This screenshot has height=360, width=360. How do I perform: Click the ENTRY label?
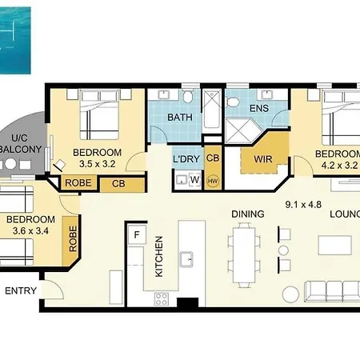coord(21,290)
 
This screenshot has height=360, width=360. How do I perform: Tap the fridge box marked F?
coord(137,234)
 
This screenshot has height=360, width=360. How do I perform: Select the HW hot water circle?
coord(213,181)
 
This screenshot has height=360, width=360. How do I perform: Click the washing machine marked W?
coord(194,180)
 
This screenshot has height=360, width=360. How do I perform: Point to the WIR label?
coord(263,159)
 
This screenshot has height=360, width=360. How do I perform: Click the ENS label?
coord(259,108)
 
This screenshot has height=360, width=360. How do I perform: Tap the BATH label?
coord(180,117)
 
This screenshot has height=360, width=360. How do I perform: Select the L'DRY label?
coord(186,159)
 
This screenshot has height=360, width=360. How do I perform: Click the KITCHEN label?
coord(158,257)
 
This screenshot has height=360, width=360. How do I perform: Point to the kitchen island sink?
coord(186,259)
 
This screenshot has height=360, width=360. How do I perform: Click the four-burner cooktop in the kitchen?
coord(162,299)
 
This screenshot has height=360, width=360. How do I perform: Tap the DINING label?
coord(248,214)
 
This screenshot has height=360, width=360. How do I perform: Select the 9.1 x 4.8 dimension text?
coord(303,205)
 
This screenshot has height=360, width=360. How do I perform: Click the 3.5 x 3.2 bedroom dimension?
coord(98,164)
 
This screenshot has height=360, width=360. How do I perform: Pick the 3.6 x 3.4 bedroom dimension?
coord(30,230)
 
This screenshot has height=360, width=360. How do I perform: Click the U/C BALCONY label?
coord(21,143)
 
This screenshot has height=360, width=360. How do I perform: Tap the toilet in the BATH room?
coord(188,96)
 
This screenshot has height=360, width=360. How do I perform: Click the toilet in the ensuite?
coord(233,102)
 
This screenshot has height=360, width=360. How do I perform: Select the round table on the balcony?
coord(10,164)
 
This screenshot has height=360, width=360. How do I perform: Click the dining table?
coord(244,255)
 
